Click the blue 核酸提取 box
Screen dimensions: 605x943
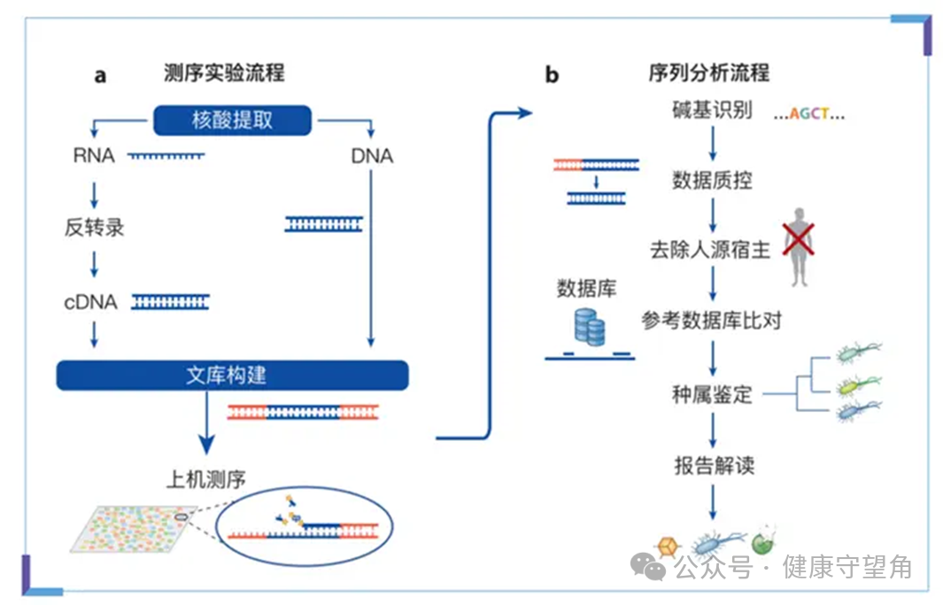coord(233,120)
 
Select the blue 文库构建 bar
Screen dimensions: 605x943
coord(232,375)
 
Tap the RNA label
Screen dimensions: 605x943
coord(94,157)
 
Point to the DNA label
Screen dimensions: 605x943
coord(372,157)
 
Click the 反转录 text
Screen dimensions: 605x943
coord(94,228)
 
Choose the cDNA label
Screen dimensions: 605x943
coord(90,302)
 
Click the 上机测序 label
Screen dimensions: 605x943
coord(206,479)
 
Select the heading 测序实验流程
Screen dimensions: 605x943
coord(224,73)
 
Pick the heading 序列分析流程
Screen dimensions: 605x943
coord(708,73)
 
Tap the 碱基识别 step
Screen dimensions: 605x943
coord(712,111)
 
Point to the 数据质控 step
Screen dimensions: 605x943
coord(712,180)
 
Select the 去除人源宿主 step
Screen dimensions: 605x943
coord(710,250)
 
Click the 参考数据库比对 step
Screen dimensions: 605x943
coord(712,320)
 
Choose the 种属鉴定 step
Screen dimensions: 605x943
coord(712,394)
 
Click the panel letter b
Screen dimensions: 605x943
coord(552,75)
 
